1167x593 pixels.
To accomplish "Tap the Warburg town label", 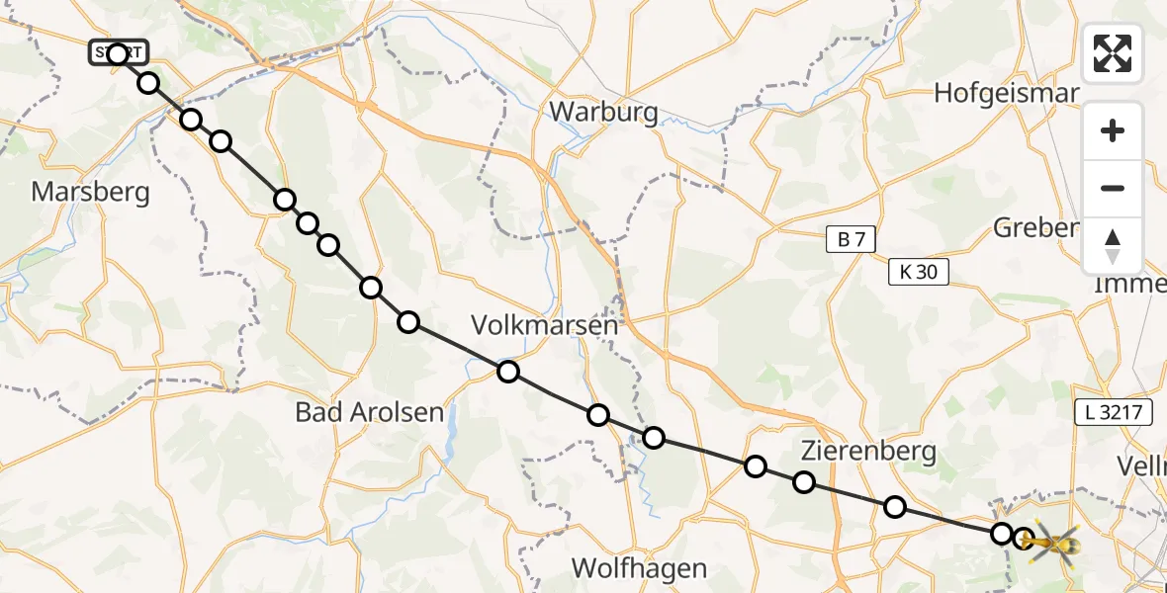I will click(x=603, y=112).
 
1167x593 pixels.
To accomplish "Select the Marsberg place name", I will click(x=91, y=191).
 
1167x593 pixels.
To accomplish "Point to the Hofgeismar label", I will click(x=1006, y=93).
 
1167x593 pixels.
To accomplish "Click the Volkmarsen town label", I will click(x=545, y=324).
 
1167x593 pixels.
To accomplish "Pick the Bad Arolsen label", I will click(x=370, y=412).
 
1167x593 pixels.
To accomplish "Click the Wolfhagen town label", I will click(x=641, y=568).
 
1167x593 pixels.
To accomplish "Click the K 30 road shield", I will click(x=920, y=272).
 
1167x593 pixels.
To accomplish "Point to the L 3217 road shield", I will click(x=1113, y=413).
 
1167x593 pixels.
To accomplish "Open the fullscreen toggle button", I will click(x=1113, y=53).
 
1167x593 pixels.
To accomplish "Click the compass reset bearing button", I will click(x=1113, y=246).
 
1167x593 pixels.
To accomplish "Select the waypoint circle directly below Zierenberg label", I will click(x=804, y=482).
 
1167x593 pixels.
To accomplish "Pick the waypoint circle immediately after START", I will click(x=148, y=83).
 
